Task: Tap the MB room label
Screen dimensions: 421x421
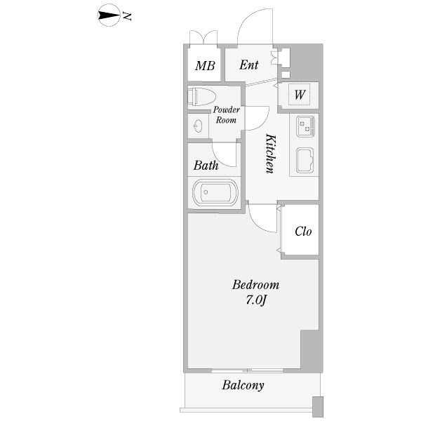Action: pos(204,67)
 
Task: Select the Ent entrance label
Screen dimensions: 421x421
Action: pos(249,65)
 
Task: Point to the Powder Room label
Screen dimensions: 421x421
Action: pos(226,115)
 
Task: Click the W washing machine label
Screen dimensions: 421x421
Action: pos(299,95)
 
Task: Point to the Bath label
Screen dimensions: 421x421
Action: pos(206,166)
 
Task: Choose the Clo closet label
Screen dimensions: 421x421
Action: pos(303,232)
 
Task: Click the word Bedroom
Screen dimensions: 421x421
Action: pos(256,285)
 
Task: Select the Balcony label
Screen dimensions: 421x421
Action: pos(243,385)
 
